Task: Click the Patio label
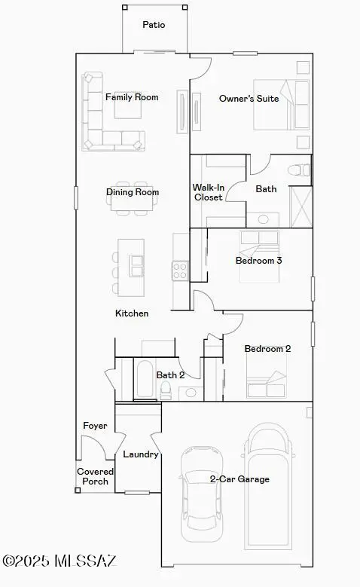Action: (154, 25)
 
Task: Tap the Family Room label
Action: (132, 97)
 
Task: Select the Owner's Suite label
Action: (249, 99)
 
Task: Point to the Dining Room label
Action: (133, 192)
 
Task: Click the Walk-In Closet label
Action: (207, 192)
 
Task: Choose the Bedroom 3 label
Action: (258, 261)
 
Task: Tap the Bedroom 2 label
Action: (267, 349)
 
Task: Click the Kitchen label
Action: (132, 313)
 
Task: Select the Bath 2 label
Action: (170, 375)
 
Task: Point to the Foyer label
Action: (95, 426)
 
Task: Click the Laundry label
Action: (140, 454)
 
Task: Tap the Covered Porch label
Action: (95, 476)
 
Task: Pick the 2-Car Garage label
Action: (239, 478)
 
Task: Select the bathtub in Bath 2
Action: (145, 379)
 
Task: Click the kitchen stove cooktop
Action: (181, 270)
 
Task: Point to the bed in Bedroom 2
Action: (267, 375)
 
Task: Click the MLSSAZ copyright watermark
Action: (59, 561)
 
